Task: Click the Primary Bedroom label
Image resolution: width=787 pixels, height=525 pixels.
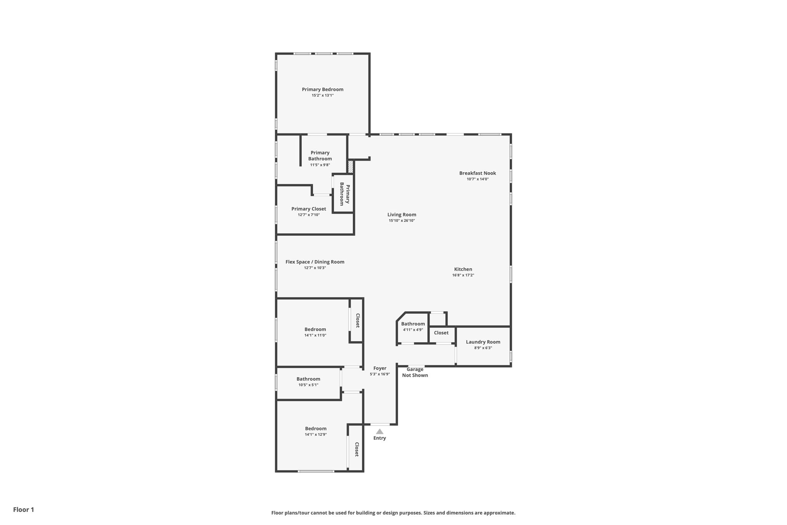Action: tap(322, 89)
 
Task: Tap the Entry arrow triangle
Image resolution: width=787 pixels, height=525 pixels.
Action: tap(380, 432)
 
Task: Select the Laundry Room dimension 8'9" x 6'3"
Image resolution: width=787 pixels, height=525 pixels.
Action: tap(483, 348)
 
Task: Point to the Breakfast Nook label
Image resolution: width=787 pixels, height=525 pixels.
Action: tap(477, 173)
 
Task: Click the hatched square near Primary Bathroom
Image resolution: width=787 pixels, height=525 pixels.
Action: tap(350, 167)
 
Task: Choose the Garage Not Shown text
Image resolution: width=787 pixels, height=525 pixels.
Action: tap(415, 372)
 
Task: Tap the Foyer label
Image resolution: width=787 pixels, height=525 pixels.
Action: tap(380, 368)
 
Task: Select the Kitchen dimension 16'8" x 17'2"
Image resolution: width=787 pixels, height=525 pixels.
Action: tap(463, 275)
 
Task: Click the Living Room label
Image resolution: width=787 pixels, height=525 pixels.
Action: tap(402, 215)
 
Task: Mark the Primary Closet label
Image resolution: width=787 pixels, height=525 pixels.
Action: tap(309, 209)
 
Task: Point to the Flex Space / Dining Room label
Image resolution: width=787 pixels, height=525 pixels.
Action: tap(315, 262)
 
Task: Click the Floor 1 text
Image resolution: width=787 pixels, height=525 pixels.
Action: tap(23, 510)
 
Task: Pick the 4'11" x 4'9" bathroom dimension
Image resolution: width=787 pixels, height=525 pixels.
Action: tap(413, 330)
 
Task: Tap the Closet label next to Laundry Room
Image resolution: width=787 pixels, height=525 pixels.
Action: tap(441, 333)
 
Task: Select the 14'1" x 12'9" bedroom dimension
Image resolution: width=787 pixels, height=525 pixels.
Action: tap(315, 434)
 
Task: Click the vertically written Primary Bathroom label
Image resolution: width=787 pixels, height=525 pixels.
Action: tap(345, 194)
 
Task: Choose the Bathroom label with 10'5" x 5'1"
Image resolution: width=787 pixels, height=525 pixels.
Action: tap(308, 379)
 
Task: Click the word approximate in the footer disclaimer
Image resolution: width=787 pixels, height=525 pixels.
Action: tap(499, 513)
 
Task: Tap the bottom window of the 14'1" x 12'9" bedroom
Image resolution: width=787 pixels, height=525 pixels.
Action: tap(316, 471)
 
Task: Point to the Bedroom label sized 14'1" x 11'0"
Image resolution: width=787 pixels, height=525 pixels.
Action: tap(315, 329)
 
